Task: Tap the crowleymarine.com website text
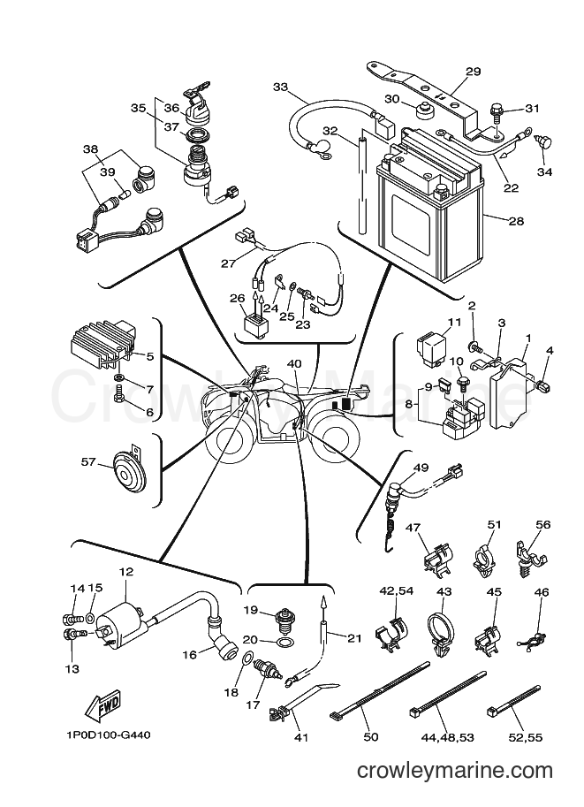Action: coord(455,771)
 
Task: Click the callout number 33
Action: coord(280,87)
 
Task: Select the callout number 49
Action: coord(421,468)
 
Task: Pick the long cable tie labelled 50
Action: coord(380,689)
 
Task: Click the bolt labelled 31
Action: coord(497,110)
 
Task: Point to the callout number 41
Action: coord(301,737)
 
